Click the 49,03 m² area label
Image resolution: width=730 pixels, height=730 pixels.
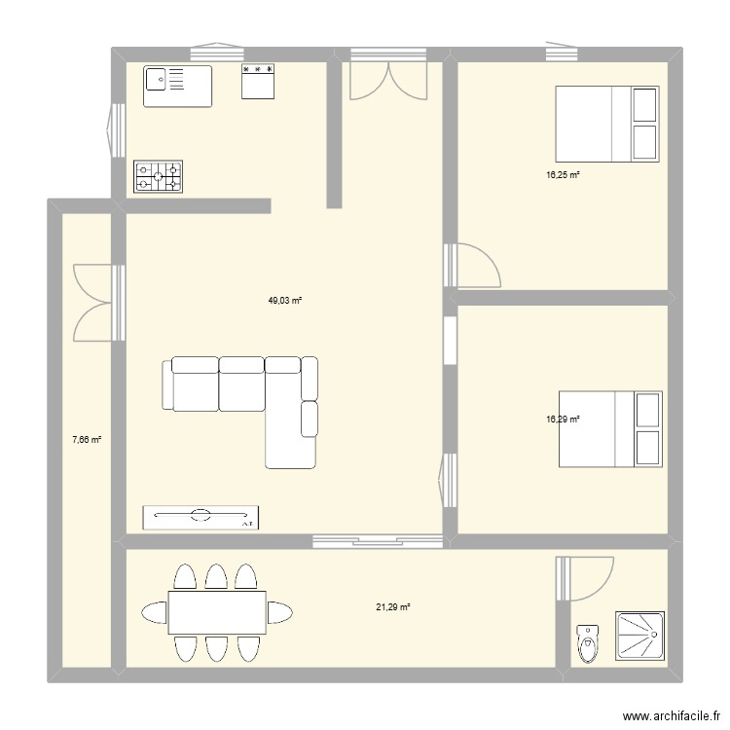pyautogui.click(x=285, y=301)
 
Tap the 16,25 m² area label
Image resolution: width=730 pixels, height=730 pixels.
pyautogui.click(x=563, y=175)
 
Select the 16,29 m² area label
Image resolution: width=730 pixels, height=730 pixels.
pyautogui.click(x=563, y=420)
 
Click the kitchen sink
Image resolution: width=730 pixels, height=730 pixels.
pyautogui.click(x=178, y=85)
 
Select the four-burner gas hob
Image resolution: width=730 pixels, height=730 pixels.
pyautogui.click(x=159, y=176)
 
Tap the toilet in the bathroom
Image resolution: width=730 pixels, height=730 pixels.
pyautogui.click(x=586, y=642)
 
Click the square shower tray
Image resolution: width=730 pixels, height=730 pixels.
pyautogui.click(x=639, y=638)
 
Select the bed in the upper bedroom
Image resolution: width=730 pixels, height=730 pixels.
pyautogui.click(x=608, y=123)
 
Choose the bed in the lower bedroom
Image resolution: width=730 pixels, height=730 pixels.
pyautogui.click(x=610, y=429)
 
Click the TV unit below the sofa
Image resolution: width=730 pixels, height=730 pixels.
pyautogui.click(x=201, y=517)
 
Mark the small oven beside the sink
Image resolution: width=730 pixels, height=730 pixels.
pyautogui.click(x=259, y=82)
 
